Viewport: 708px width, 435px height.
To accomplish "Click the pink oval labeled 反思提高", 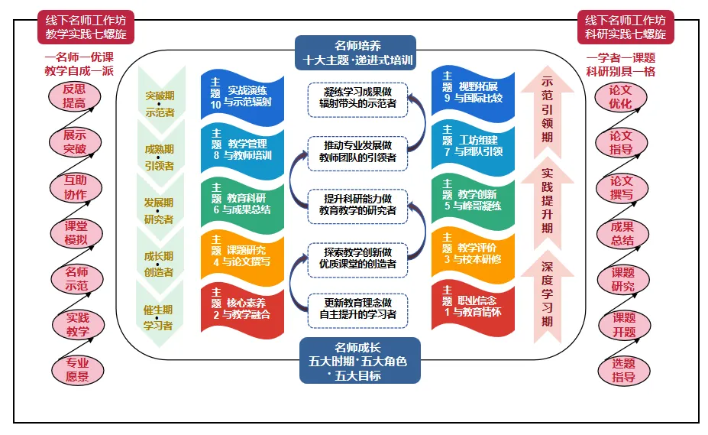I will [74, 97].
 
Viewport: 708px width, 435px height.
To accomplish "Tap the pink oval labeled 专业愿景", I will [76, 370].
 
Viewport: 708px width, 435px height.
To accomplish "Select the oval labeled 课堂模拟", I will [76, 233].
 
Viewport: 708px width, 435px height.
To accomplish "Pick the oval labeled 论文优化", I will [621, 97].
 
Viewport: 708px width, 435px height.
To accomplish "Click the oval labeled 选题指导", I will [623, 370].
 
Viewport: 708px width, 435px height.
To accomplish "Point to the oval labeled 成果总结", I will [622, 233].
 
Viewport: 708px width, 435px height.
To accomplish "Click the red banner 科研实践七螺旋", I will [626, 28].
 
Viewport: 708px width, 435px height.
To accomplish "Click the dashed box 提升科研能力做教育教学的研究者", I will [358, 204].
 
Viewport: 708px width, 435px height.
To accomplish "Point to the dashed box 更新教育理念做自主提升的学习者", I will [358, 308].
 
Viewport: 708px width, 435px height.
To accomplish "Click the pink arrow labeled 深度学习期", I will [547, 294].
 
